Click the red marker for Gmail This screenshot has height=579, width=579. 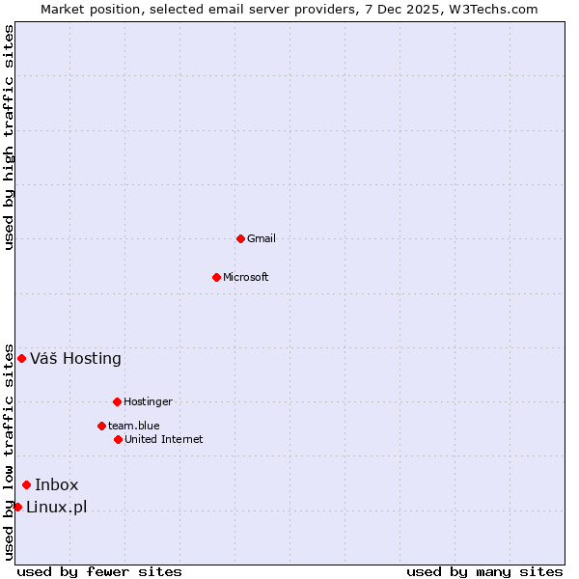pos(240,238)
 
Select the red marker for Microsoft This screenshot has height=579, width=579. pos(216,277)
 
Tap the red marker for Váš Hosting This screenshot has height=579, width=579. pos(21,358)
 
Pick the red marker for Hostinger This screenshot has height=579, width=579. pos(117,401)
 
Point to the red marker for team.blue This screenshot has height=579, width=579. pos(101,426)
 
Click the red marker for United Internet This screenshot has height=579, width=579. pos(118,439)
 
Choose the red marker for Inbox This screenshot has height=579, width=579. pos(26,484)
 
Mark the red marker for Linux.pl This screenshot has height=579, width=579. pos(17,507)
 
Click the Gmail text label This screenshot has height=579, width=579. pos(262,238)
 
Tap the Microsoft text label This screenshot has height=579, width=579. pos(246,277)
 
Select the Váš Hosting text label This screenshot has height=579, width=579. pos(75,359)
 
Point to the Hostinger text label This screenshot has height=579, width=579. pos(148,401)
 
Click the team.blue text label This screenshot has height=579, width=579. pos(134,426)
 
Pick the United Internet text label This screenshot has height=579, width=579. pos(163,439)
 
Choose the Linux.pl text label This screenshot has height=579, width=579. pos(56,508)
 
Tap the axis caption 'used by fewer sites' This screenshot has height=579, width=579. pos(99,571)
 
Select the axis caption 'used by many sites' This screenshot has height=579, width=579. pos(484,571)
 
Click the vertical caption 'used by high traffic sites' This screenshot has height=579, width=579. pos(10,137)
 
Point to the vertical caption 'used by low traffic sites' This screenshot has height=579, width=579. pos(10,451)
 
